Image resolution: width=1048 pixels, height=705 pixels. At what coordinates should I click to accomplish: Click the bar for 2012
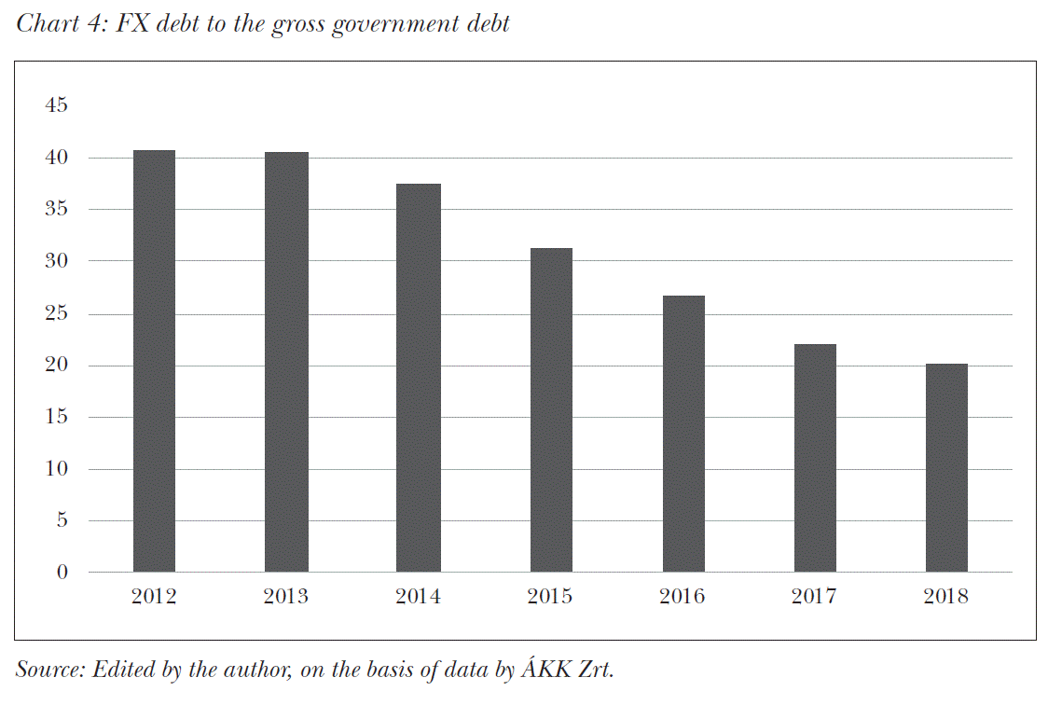coord(154,361)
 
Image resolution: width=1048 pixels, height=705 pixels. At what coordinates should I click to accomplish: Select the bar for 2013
coord(286,362)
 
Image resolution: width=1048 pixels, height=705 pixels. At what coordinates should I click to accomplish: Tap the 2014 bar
coord(419,378)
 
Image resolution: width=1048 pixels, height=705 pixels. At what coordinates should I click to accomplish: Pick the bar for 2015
coord(551,409)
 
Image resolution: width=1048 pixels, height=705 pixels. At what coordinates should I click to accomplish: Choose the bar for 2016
coord(683,434)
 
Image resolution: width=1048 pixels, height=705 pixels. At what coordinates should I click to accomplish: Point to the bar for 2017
coord(815,458)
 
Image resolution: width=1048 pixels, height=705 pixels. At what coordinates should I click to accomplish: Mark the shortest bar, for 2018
coord(946,467)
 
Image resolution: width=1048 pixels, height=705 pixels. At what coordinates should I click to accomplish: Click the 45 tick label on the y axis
coord(57,106)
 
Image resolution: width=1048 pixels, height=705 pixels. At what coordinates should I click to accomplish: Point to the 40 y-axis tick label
coord(57,159)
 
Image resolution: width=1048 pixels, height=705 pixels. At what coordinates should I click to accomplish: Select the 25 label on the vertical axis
coord(57,314)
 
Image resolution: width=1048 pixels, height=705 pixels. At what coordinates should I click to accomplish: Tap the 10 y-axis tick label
coord(57,469)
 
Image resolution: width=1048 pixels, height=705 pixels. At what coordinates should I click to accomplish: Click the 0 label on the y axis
coord(62,573)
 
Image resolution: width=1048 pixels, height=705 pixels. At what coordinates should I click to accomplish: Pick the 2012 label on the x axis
coord(154,597)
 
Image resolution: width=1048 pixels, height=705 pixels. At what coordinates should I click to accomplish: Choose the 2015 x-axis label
coord(551,597)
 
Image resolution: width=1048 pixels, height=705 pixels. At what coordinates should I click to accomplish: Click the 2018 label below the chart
coord(946,597)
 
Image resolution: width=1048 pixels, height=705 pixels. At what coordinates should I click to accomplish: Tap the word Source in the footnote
coord(47,670)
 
